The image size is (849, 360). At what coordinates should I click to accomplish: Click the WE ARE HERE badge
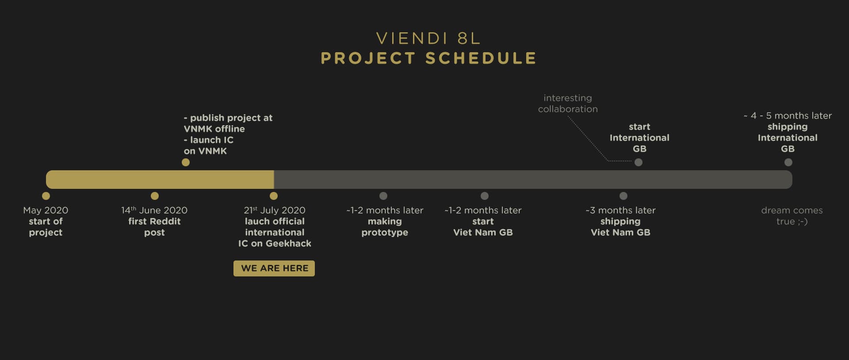pos(274,268)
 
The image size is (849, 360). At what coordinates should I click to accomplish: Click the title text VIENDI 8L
pos(428,38)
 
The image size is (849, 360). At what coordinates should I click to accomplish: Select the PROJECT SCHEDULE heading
pos(428,58)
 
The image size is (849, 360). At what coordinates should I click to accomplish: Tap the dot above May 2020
pos(46,196)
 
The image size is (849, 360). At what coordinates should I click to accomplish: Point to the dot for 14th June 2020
pos(155,196)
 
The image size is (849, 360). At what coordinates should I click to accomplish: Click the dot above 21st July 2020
pos(274,196)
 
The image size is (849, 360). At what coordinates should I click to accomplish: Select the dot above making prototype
pos(383,196)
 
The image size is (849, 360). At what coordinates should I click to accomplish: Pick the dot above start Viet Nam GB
pos(485,196)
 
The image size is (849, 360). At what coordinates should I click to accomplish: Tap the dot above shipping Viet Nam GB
pos(623,196)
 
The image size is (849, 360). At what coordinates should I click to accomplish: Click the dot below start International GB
pos(639,162)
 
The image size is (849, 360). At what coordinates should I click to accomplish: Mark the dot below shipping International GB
pos(788,162)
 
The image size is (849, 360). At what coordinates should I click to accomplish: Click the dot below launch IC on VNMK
pos(186,162)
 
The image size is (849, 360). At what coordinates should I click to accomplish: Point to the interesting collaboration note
pos(568,103)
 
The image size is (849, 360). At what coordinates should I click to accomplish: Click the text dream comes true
pos(792,216)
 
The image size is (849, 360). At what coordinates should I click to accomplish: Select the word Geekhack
pos(288,244)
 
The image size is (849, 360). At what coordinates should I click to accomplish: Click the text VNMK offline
pos(214,129)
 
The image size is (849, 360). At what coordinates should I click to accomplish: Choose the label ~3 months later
pos(620,211)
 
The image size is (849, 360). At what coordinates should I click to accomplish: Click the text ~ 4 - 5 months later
pos(788,116)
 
